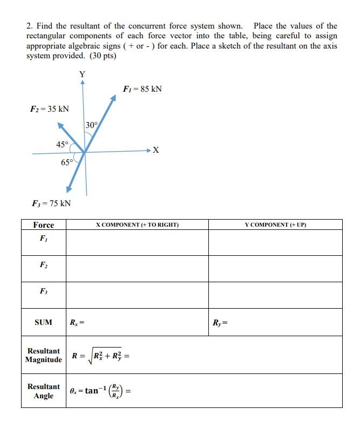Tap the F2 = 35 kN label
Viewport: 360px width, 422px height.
click(x=50, y=109)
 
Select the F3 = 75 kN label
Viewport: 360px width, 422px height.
click(x=51, y=203)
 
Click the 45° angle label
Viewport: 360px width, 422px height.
click(x=62, y=144)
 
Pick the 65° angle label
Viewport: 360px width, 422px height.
click(x=67, y=162)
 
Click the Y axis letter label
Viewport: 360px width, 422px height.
click(x=82, y=74)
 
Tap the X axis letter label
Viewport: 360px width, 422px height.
click(x=156, y=150)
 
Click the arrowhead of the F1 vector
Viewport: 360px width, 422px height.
click(x=113, y=98)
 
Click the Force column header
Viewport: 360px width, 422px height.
click(x=44, y=225)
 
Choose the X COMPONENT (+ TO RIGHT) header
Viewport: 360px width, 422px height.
click(x=137, y=224)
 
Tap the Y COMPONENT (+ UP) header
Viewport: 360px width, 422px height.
click(x=275, y=224)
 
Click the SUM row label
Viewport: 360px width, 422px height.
click(x=43, y=323)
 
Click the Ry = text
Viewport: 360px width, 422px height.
click(x=221, y=323)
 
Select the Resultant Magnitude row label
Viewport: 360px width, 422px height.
click(x=44, y=356)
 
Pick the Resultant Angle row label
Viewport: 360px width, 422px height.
click(x=44, y=391)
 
